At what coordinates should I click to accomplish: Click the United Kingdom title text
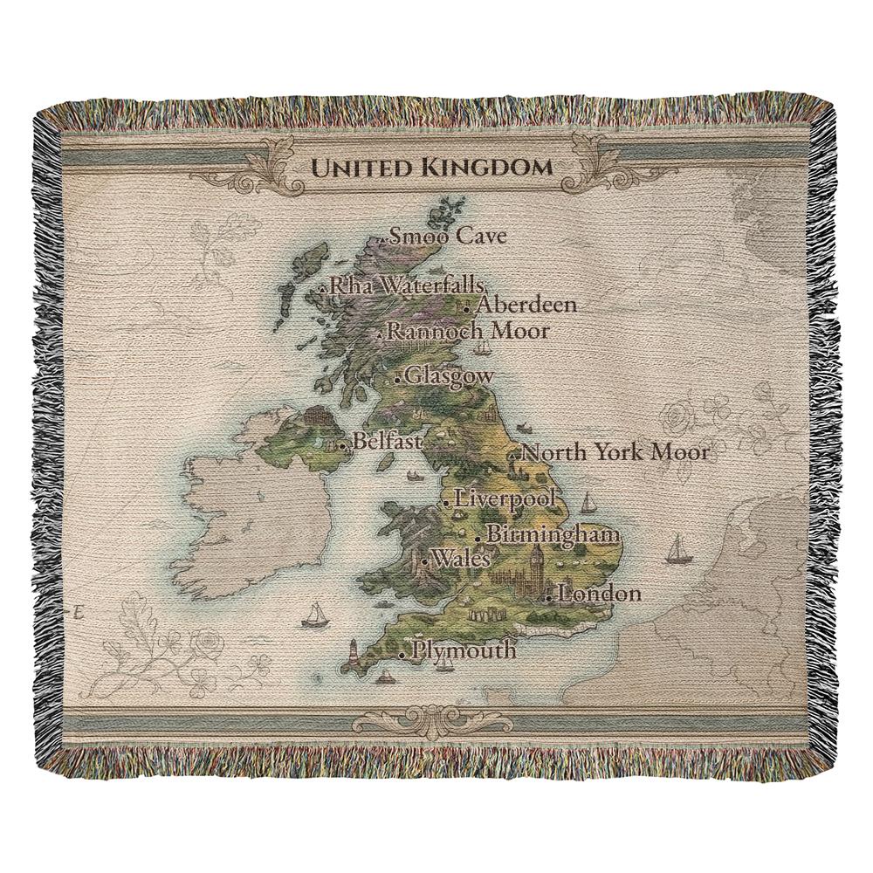(432, 167)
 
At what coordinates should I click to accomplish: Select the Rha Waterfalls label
(407, 285)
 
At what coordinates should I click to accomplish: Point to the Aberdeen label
(526, 305)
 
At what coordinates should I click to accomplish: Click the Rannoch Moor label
(468, 331)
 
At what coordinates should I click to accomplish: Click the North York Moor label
(615, 452)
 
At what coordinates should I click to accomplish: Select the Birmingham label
(553, 534)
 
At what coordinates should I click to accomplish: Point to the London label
(598, 595)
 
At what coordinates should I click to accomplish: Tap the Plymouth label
(463, 650)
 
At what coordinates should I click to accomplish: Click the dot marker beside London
(548, 598)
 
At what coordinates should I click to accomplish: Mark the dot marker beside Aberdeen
(468, 308)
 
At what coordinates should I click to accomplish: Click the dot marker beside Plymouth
(402, 654)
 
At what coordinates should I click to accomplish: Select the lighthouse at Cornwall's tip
(354, 651)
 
